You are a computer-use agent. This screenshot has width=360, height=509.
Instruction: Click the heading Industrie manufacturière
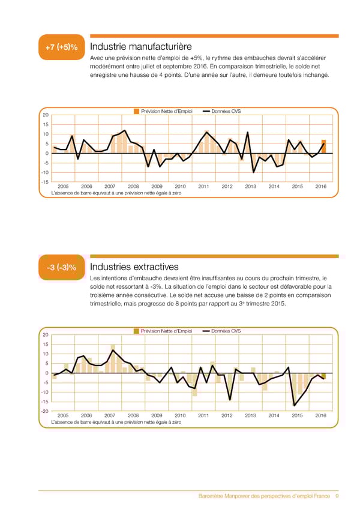pyautogui.click(x=140, y=47)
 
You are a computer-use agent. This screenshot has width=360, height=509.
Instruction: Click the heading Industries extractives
pyautogui.click(x=134, y=267)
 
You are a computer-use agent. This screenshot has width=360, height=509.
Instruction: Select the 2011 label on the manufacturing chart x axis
pyautogui.click(x=203, y=187)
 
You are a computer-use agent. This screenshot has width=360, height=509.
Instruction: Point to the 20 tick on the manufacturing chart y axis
pyautogui.click(x=45, y=115)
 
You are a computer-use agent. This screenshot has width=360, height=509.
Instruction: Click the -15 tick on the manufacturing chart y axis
pyautogui.click(x=44, y=182)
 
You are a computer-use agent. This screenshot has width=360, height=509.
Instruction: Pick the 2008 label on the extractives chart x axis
pyautogui.click(x=133, y=415)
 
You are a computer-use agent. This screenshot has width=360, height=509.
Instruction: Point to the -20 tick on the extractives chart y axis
pyautogui.click(x=44, y=411)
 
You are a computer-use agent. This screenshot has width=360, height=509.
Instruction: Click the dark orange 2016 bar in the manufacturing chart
pyautogui.click(x=323, y=146)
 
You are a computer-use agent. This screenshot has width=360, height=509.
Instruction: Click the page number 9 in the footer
pyautogui.click(x=338, y=496)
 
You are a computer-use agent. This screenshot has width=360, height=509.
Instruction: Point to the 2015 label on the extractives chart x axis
pyautogui.click(x=297, y=415)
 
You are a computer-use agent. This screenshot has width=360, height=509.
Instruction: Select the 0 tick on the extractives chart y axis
pyautogui.click(x=46, y=373)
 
